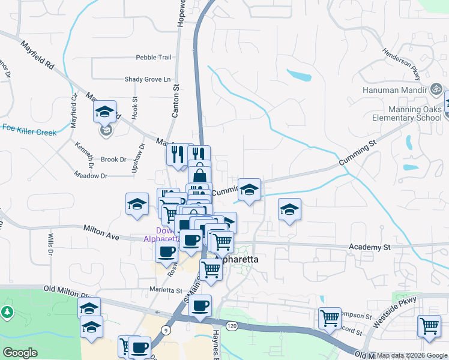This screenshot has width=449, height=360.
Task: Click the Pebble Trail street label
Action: tap(154, 58)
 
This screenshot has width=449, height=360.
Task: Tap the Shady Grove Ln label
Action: tap(148, 79)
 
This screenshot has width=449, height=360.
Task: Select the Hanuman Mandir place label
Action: tap(394, 90)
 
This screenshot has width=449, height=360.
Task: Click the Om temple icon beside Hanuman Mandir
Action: tap(436, 89)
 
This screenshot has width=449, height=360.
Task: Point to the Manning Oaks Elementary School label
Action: tap(406, 114)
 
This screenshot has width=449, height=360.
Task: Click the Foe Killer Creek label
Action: tap(29, 130)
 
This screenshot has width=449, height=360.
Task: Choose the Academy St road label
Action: tap(370, 247)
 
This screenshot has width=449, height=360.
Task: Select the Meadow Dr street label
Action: tap(90, 176)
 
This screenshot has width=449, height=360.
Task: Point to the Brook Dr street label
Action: tap(113, 160)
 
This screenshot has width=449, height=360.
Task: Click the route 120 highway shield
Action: tap(231, 325)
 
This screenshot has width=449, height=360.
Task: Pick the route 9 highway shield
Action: tap(164, 329)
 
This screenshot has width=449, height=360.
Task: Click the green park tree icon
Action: tap(7, 312)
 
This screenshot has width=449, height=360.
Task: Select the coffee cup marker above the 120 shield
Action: tap(200, 305)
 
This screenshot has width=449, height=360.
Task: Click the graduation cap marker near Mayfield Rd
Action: tap(104, 112)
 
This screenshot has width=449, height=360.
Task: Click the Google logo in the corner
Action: tap(20, 353)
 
